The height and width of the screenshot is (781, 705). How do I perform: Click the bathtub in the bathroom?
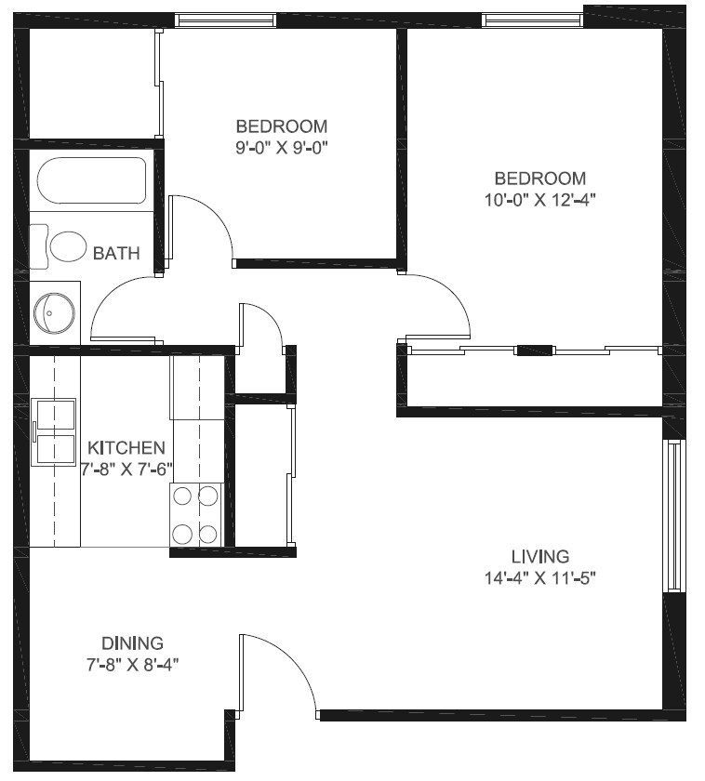pyautogui.click(x=91, y=180)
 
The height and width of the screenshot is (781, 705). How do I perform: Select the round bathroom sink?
pyautogui.click(x=54, y=312)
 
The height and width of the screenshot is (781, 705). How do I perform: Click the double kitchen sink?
pyautogui.click(x=54, y=430)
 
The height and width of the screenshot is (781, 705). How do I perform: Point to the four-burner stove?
pyautogui.click(x=196, y=514)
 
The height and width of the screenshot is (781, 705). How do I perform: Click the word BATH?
pyautogui.click(x=116, y=252)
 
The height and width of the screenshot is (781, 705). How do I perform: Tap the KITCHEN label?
pyautogui.click(x=126, y=447)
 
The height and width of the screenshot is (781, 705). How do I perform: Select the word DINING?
pyautogui.click(x=132, y=642)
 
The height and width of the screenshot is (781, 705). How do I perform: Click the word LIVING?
pyautogui.click(x=539, y=557)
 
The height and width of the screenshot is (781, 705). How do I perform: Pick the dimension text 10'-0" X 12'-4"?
pyautogui.click(x=539, y=200)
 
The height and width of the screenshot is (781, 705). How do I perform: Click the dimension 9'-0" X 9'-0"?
pyautogui.click(x=282, y=147)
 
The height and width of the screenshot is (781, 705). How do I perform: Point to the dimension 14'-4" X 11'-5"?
pyautogui.click(x=539, y=578)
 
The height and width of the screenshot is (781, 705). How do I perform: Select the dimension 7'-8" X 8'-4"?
pyautogui.click(x=132, y=664)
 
